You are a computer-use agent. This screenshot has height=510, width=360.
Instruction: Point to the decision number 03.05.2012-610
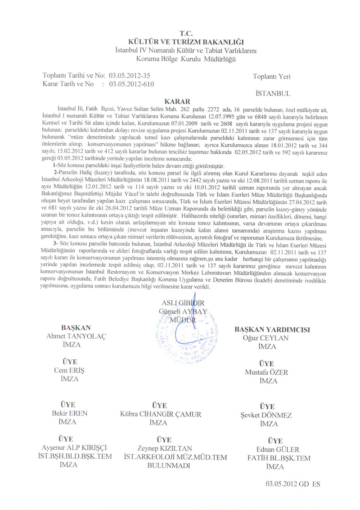point(129,84)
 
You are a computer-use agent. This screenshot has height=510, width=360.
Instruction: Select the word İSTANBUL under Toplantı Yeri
point(272,94)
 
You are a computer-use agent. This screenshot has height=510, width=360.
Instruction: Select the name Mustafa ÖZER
point(266,372)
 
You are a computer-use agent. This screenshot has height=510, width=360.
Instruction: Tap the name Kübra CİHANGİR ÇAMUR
point(161,414)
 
